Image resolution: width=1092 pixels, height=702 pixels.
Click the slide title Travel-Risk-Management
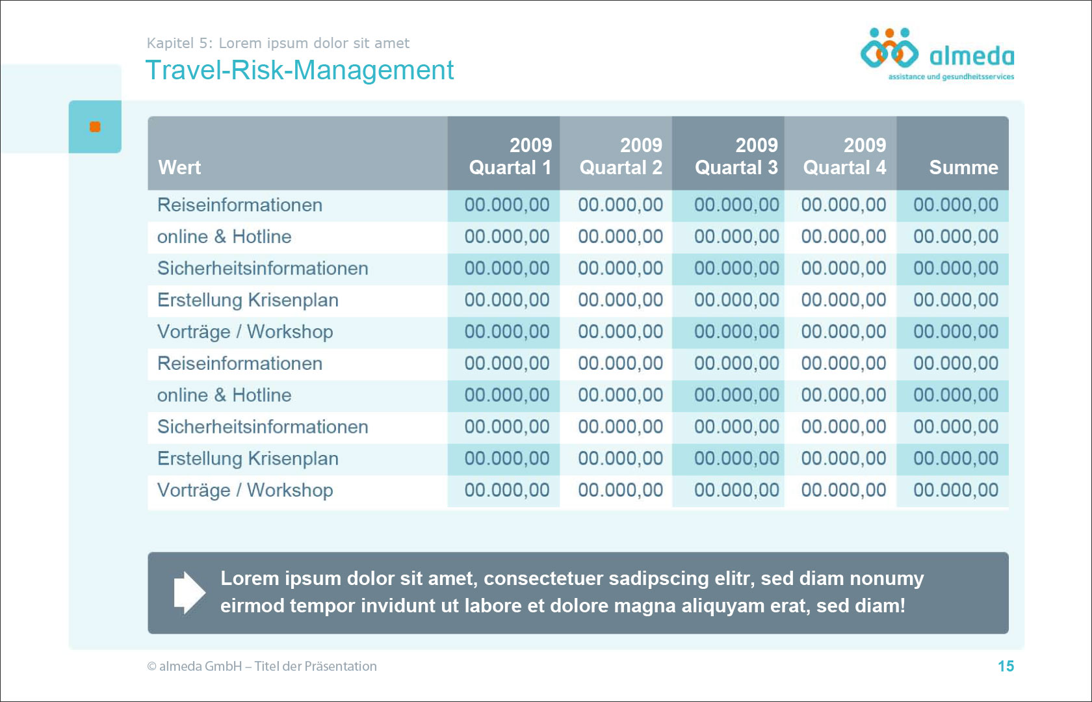pos(299,70)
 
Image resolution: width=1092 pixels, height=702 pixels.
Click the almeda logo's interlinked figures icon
pos(889,48)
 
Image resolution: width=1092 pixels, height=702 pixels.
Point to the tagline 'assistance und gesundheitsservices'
pos(951,77)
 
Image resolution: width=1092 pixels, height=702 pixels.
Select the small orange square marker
pos(95,127)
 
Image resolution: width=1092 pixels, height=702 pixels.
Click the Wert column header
pos(179,168)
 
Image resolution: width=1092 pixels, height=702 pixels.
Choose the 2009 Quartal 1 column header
pos(510,156)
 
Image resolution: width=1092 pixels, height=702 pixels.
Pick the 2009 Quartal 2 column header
pos(621,156)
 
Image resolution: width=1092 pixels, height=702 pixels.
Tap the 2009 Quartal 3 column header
pos(736,156)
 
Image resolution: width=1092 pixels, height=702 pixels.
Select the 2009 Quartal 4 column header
pos(844,156)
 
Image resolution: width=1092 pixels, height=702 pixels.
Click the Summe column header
pos(963,168)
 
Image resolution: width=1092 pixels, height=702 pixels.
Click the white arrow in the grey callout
pos(190,593)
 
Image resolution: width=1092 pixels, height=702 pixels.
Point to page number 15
pos(1006,666)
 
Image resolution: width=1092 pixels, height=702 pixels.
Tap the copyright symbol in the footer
pos(151,666)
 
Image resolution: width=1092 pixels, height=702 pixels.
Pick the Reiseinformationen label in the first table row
pos(240,205)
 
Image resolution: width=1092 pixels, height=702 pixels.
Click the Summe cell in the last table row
pos(955,490)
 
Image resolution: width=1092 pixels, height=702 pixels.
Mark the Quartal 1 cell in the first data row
pos(507,205)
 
